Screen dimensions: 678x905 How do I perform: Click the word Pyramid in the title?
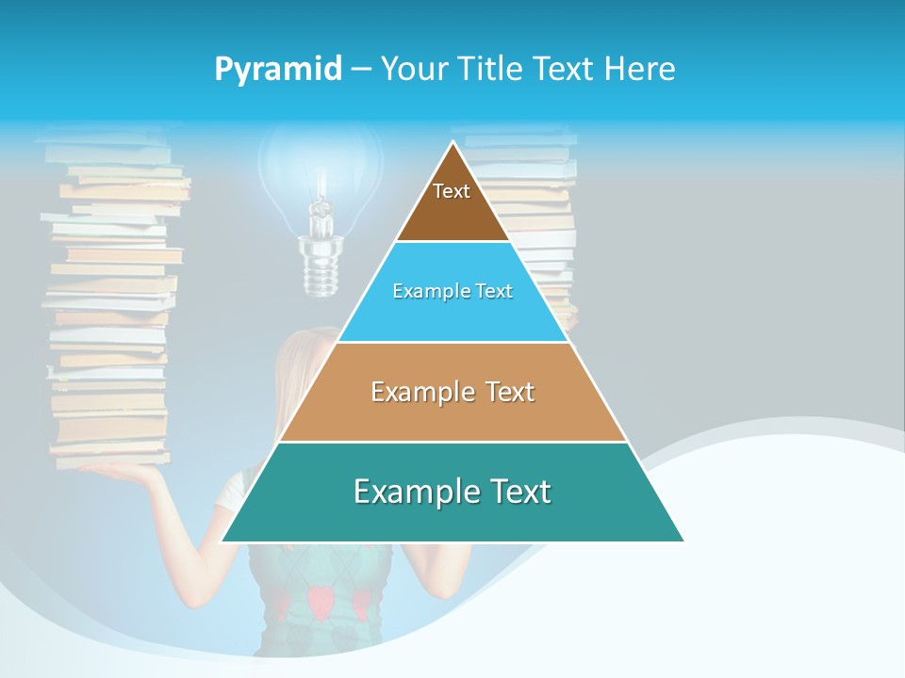pyautogui.click(x=278, y=69)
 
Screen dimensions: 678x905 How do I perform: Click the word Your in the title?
pyautogui.click(x=413, y=69)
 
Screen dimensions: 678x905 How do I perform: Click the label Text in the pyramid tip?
pyautogui.click(x=452, y=191)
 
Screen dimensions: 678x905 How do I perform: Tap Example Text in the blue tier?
pyautogui.click(x=452, y=291)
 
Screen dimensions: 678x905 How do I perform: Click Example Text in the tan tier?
pyautogui.click(x=452, y=392)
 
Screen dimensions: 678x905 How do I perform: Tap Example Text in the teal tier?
pyautogui.click(x=452, y=492)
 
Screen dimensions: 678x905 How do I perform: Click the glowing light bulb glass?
pyautogui.click(x=321, y=165)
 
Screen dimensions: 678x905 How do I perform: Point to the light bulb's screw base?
pyautogui.click(x=318, y=264)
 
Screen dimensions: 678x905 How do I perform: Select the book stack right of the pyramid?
pyautogui.click(x=547, y=207)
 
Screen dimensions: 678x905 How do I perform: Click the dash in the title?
pyautogui.click(x=361, y=69)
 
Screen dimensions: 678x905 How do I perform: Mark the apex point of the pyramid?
pyautogui.click(x=453, y=142)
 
